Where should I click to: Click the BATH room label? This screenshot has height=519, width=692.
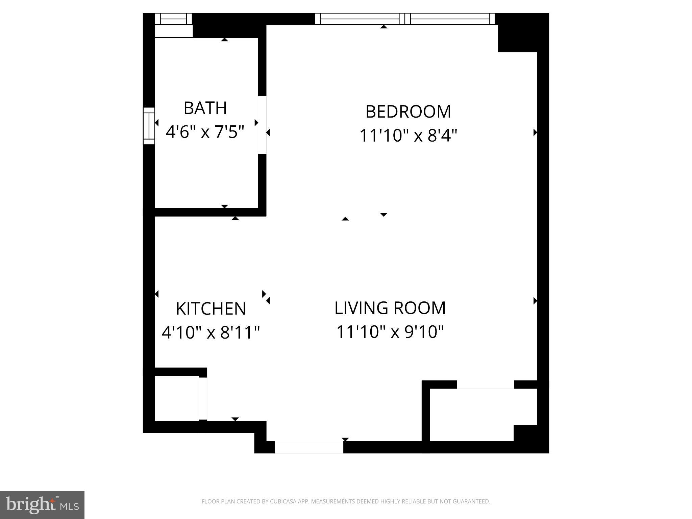click(205, 108)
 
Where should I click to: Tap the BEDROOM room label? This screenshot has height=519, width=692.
click(408, 112)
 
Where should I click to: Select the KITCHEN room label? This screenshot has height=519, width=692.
click(211, 309)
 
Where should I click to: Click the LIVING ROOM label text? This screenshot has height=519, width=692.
click(390, 308)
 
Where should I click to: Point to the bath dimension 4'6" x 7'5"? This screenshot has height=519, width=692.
click(205, 132)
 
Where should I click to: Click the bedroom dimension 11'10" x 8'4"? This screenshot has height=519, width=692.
click(408, 136)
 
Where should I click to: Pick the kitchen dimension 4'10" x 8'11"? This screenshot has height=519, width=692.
click(211, 332)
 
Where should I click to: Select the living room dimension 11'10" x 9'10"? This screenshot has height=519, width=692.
click(390, 332)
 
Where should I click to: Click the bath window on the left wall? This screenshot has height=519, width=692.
click(149, 126)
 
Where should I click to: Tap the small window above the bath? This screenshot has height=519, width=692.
click(173, 19)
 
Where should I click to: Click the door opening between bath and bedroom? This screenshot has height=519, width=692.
click(262, 125)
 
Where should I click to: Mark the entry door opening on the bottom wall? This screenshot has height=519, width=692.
click(309, 447)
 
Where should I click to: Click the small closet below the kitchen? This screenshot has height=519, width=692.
click(176, 398)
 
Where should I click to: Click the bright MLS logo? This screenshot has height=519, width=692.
click(42, 505)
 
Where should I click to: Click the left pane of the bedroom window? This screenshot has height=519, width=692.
click(360, 19)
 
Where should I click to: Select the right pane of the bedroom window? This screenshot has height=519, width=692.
click(450, 19)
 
